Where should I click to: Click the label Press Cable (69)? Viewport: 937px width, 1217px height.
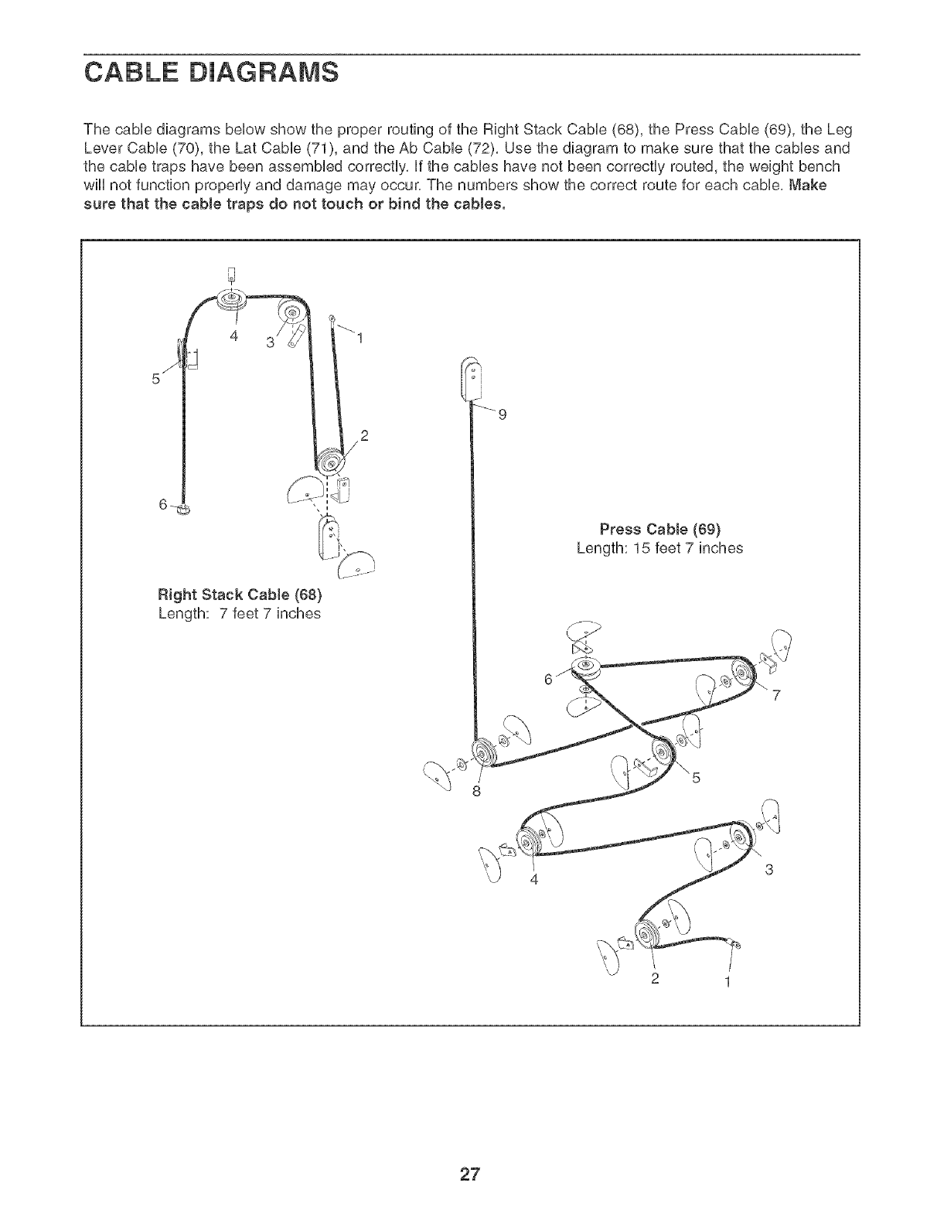pyautogui.click(x=660, y=530)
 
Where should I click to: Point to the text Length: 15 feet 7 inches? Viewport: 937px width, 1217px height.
pyautogui.click(x=659, y=548)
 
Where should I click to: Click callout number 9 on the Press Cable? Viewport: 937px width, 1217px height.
pyautogui.click(x=503, y=415)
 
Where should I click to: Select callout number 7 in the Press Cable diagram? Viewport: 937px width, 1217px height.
pyautogui.click(x=778, y=693)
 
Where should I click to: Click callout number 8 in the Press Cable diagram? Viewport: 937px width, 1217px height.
pyautogui.click(x=477, y=791)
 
